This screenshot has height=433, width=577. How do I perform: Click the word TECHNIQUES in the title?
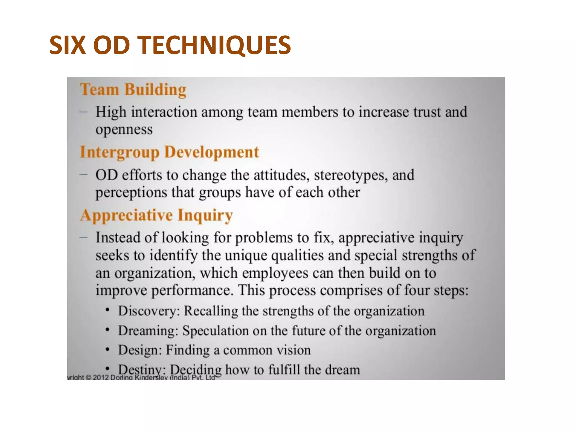pos(216,45)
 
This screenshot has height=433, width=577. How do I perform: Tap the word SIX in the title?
pos(67,45)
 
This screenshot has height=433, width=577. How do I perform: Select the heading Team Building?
pos(133,90)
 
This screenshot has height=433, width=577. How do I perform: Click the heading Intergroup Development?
pos(169,152)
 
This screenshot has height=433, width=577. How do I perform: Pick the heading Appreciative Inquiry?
pos(156,215)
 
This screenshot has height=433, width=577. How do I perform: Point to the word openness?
pos(124,130)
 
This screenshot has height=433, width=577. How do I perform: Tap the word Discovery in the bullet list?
pos(148,311)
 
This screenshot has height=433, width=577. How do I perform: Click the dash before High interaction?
pos(83,112)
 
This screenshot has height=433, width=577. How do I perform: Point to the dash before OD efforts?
pos(83,175)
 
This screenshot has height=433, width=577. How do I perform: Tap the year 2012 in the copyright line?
pos(101,377)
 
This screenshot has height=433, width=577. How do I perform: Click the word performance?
pos(192,290)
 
